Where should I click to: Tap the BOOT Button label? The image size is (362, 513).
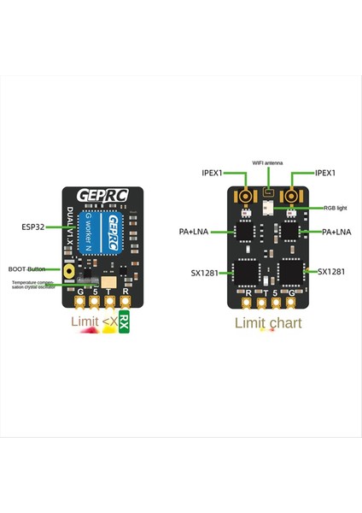point(28,268)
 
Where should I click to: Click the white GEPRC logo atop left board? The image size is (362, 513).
point(101,196)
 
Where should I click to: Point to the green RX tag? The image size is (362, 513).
point(125,323)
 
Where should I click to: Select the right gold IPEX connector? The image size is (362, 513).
point(292,197)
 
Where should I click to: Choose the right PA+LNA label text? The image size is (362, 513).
point(336,232)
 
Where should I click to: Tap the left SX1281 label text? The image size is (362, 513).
point(206,274)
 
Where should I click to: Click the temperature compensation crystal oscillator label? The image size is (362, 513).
point(34,284)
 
